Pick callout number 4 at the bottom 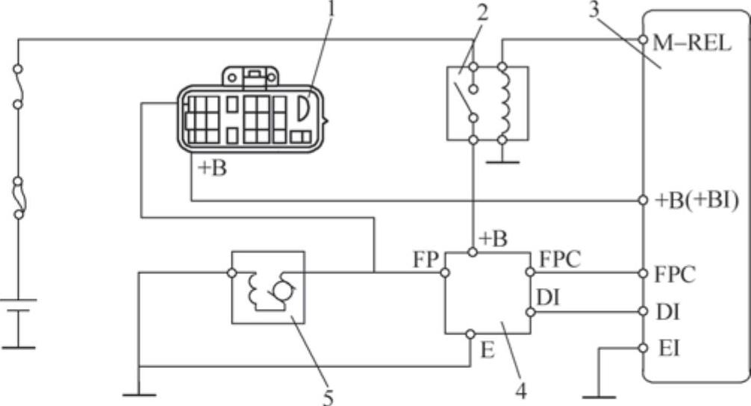pyautogui.click(x=520, y=389)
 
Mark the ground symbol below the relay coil pyautogui.click(x=502, y=160)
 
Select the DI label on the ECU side pyautogui.click(x=667, y=311)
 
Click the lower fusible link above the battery pyautogui.click(x=18, y=198)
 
